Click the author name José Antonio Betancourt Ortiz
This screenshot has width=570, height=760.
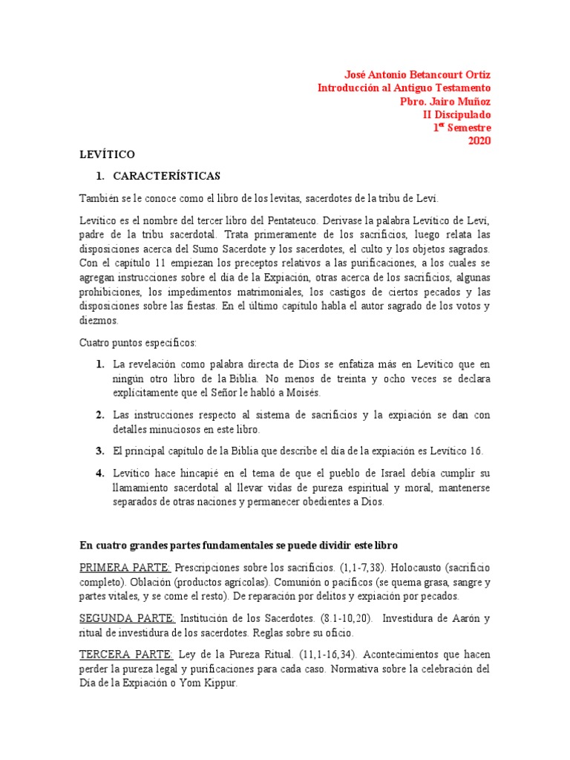click(418, 75)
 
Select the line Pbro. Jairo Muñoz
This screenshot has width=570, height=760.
click(445, 102)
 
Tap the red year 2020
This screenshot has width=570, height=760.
click(478, 141)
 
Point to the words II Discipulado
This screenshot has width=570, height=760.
click(456, 115)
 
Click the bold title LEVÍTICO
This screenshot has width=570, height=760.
click(107, 154)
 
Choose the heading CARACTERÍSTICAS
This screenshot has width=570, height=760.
click(166, 176)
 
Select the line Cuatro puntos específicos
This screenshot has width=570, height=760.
click(138, 343)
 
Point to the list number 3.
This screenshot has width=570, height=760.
click(99, 451)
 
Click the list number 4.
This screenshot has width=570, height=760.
click(99, 473)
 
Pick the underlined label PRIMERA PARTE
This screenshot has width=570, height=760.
click(125, 568)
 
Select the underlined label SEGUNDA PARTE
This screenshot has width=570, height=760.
click(128, 619)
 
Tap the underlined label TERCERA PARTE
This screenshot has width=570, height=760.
click(126, 654)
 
